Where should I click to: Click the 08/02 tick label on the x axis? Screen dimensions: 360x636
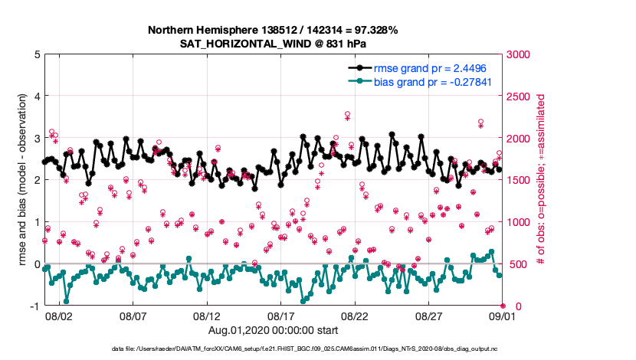pos(59,316)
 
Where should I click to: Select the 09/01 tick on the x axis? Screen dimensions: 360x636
pos(503,316)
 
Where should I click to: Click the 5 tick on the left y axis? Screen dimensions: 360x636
pos(37,54)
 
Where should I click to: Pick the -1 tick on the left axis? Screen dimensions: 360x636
pos(35,306)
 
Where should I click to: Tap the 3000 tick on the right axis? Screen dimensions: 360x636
pos(523,54)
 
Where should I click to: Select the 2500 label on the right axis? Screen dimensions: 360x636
pos(523,97)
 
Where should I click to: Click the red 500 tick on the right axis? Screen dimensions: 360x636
pos(520,264)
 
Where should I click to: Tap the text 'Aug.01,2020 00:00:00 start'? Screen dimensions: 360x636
pos(273,329)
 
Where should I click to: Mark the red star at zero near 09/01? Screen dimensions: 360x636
pos(503,306)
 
